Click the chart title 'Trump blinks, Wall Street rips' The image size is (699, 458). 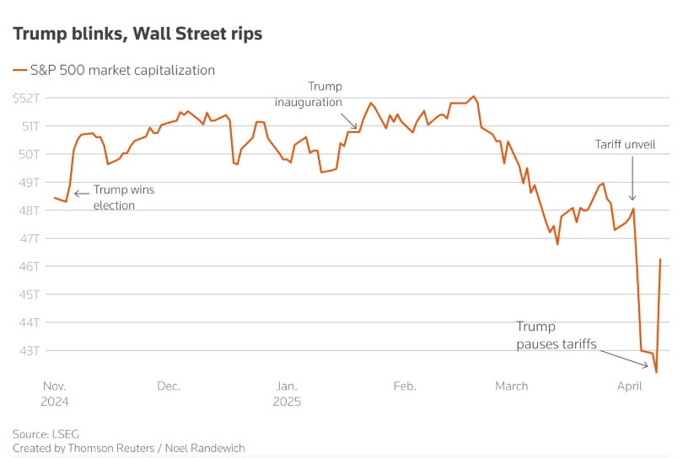pyautogui.click(x=137, y=34)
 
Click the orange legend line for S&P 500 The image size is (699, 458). pyautogui.click(x=19, y=71)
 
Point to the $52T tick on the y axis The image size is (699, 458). pyautogui.click(x=26, y=99)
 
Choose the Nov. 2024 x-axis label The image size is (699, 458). pyautogui.click(x=54, y=393)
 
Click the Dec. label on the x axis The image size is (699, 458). pyautogui.click(x=169, y=386)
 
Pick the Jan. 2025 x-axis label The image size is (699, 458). pyautogui.click(x=287, y=393)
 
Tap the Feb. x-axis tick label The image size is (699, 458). pyautogui.click(x=405, y=386)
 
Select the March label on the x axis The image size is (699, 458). pyautogui.click(x=511, y=386)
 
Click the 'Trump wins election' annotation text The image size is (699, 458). pyautogui.click(x=123, y=197)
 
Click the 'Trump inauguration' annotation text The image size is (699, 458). pyautogui.click(x=309, y=94)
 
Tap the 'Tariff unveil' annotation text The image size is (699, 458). pyautogui.click(x=626, y=145)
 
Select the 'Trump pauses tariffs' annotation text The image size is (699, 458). pyautogui.click(x=556, y=334)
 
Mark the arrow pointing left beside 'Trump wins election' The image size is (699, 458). pyautogui.click(x=81, y=194)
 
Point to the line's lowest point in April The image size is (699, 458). pyautogui.click(x=656, y=371)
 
